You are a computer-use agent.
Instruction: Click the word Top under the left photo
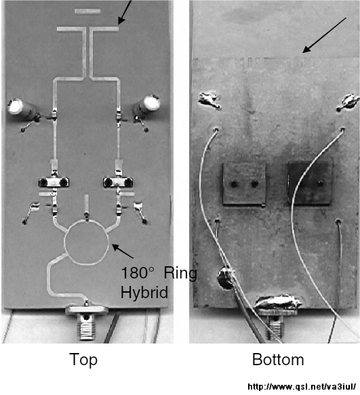(x=83, y=360)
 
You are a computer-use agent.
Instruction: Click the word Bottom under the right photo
(x=278, y=359)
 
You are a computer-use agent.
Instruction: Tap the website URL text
(x=302, y=387)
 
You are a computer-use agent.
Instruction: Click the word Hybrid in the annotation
(x=144, y=293)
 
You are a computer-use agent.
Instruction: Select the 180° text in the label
(x=138, y=272)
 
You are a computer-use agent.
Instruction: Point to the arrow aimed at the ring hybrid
(x=123, y=251)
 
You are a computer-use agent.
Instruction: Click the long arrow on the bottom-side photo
(x=324, y=35)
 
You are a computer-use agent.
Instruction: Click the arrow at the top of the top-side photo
(x=125, y=12)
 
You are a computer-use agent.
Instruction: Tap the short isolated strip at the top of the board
(x=87, y=12)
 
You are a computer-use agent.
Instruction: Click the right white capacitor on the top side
(x=147, y=104)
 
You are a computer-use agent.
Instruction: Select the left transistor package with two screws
(x=54, y=182)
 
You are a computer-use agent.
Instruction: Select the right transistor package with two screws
(x=118, y=182)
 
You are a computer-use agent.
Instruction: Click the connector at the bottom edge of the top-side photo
(x=86, y=323)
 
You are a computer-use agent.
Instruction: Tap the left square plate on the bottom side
(x=244, y=184)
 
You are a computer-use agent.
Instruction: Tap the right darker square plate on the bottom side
(x=310, y=183)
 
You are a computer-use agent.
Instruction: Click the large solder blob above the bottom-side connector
(x=279, y=302)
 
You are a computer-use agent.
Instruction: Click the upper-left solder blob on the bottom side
(x=209, y=100)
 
